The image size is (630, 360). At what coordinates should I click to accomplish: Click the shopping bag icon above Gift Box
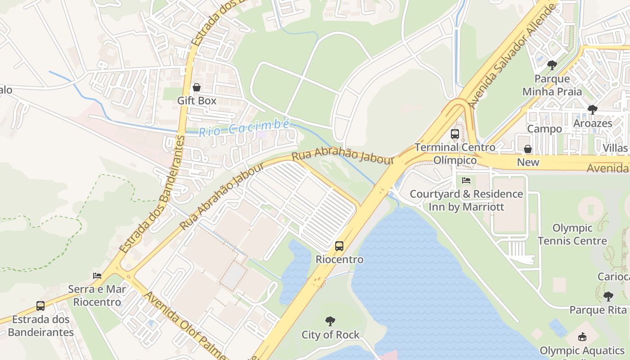(197, 87)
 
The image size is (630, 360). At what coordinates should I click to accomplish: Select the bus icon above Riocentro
(339, 246)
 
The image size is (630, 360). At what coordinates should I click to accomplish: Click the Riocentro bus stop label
(339, 260)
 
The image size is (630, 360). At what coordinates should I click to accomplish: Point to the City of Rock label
(330, 335)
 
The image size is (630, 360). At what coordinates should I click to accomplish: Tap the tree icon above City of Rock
(330, 321)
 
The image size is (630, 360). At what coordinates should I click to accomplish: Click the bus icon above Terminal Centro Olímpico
(455, 134)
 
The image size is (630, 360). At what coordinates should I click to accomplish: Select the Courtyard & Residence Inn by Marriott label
(466, 201)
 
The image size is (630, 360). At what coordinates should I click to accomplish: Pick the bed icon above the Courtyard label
(466, 180)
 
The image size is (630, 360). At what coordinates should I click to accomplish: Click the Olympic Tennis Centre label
(572, 234)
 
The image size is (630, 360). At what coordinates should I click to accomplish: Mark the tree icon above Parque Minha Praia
(552, 65)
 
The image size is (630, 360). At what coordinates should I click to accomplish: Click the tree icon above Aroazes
(592, 110)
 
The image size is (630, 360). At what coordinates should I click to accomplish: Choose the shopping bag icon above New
(528, 149)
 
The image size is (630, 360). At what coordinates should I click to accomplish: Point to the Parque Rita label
(598, 310)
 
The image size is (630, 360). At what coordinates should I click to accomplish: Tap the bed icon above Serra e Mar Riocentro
(97, 275)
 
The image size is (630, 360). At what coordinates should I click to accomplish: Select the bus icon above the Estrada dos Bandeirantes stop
(40, 306)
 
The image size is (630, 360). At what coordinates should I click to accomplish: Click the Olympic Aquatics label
(582, 351)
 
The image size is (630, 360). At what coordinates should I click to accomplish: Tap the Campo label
(544, 129)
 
